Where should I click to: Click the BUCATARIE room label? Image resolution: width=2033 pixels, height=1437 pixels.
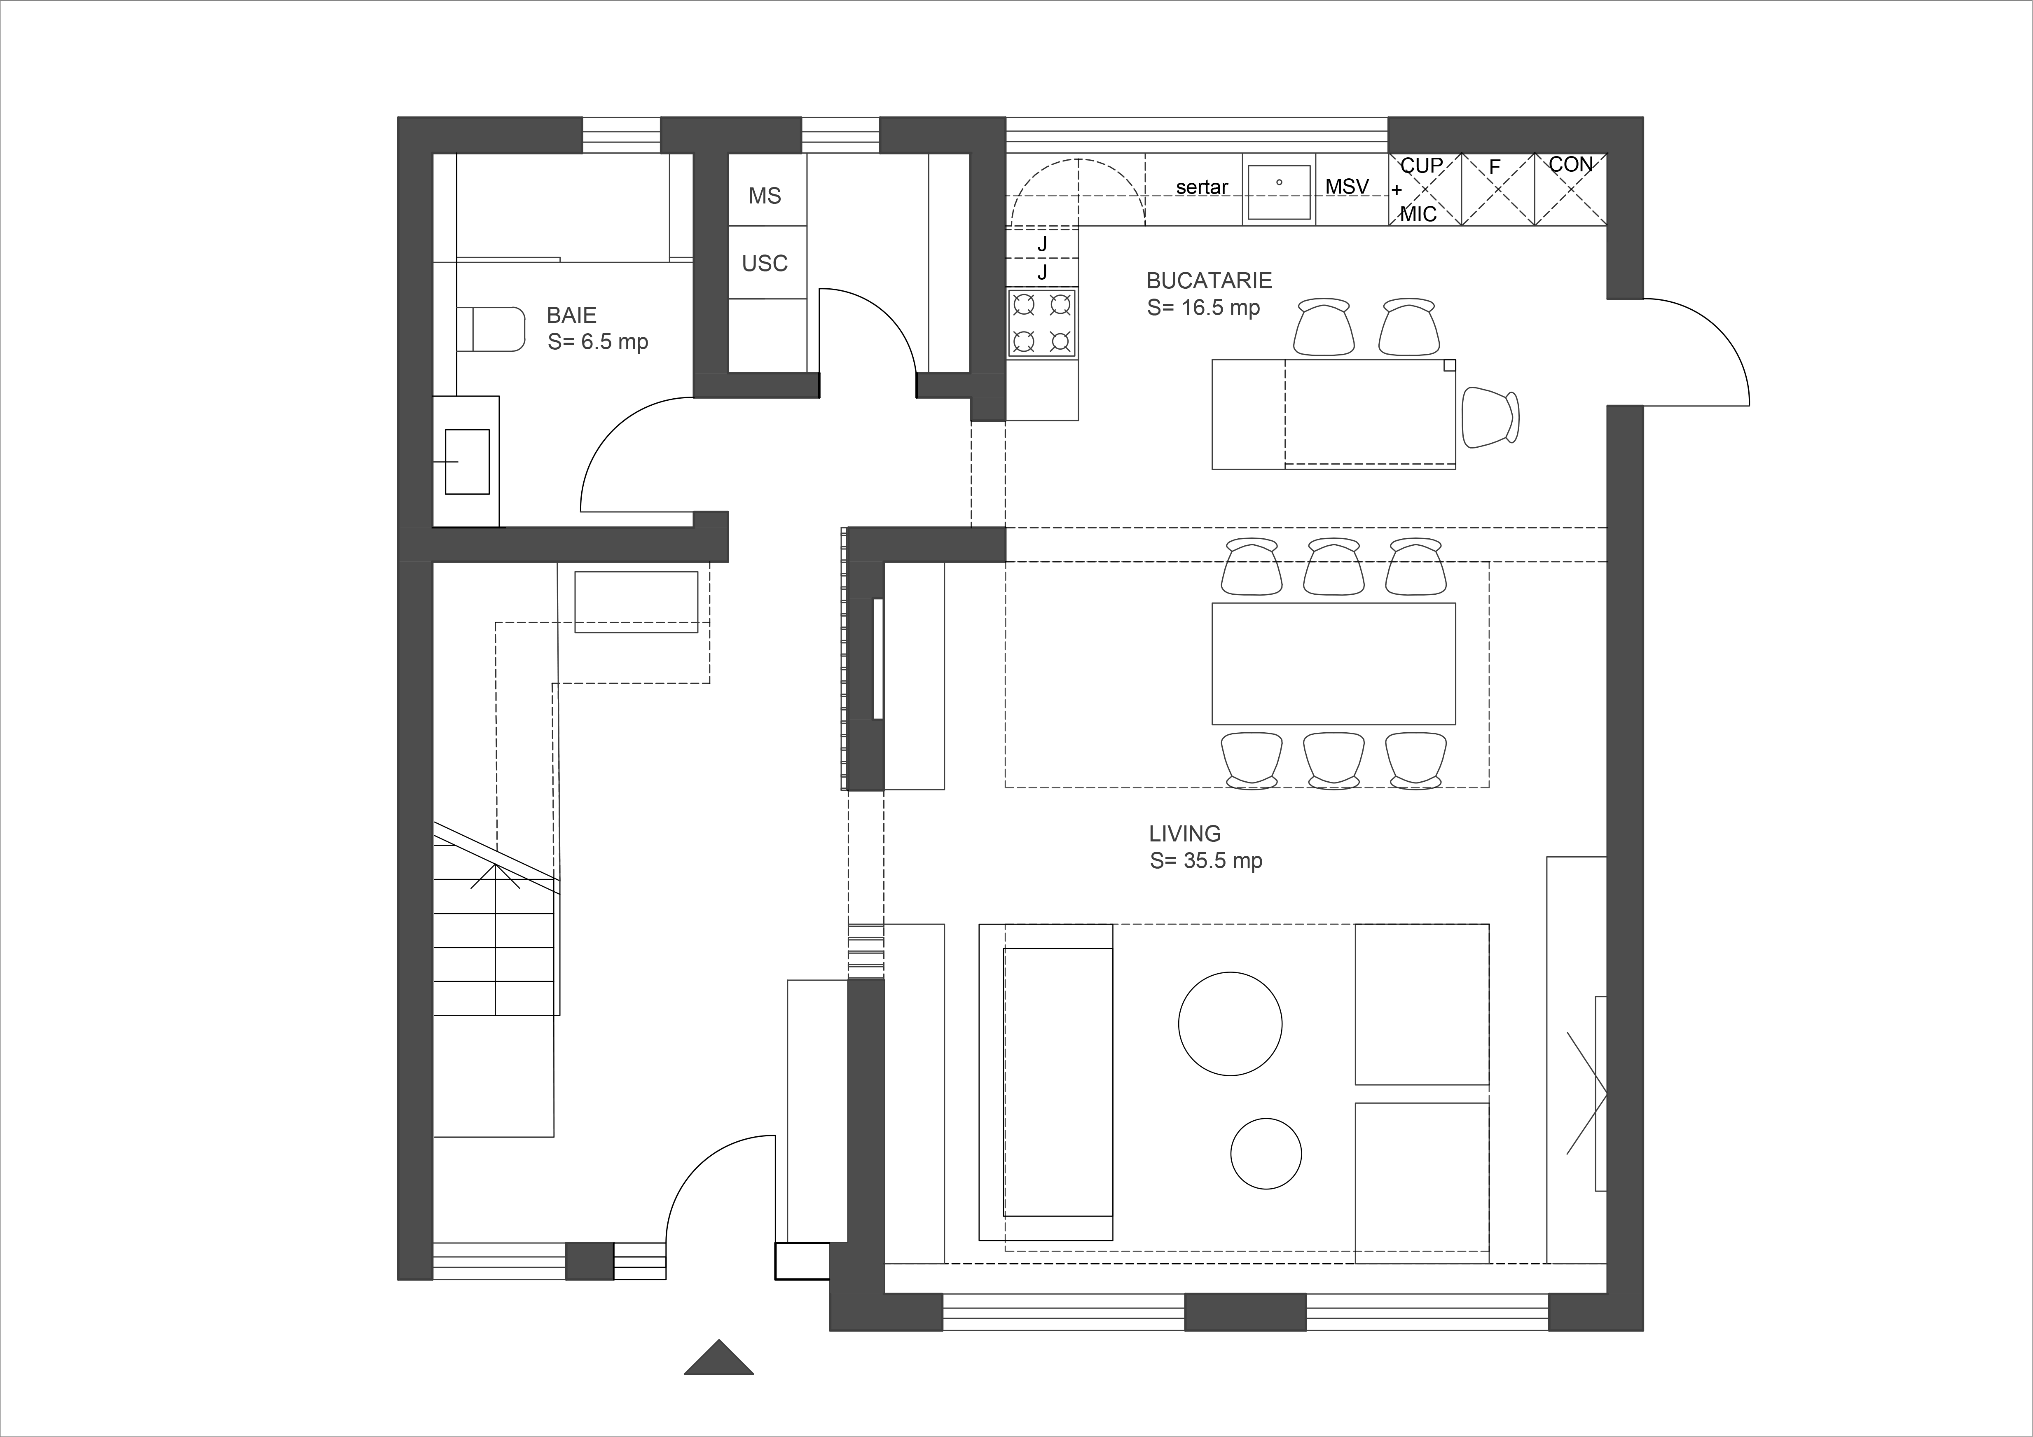1209,280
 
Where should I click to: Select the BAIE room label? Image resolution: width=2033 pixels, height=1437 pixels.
571,315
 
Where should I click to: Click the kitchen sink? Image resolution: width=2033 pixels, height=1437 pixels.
1279,191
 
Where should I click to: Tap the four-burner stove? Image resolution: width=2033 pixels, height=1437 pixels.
1042,323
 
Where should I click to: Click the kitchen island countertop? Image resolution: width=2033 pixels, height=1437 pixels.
1333,414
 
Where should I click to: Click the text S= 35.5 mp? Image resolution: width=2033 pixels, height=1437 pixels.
1206,861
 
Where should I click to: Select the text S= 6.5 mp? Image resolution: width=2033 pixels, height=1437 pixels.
598,342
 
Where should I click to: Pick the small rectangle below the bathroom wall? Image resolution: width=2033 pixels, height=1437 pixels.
636,602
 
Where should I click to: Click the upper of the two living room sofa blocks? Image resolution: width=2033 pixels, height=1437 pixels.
1422,1004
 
